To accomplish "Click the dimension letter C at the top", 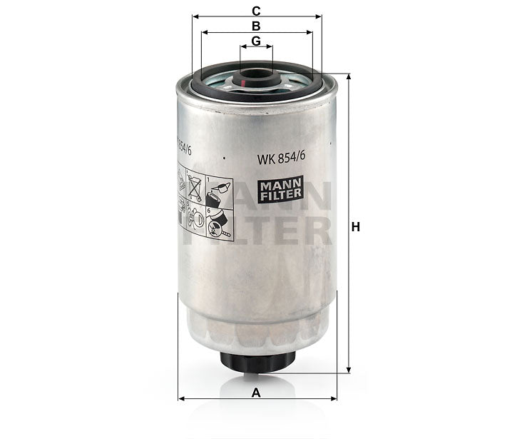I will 256,10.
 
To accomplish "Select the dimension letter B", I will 256,26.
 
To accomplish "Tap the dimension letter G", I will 256,41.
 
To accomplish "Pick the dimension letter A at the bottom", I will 256,392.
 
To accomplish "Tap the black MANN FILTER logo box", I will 281,188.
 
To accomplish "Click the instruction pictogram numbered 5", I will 195,218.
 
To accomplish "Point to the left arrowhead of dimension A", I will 181,398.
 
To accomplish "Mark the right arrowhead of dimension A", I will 332,398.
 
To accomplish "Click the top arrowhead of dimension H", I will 349,78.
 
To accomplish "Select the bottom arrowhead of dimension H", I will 349,369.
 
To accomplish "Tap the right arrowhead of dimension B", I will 309,32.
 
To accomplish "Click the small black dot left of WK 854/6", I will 224,158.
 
